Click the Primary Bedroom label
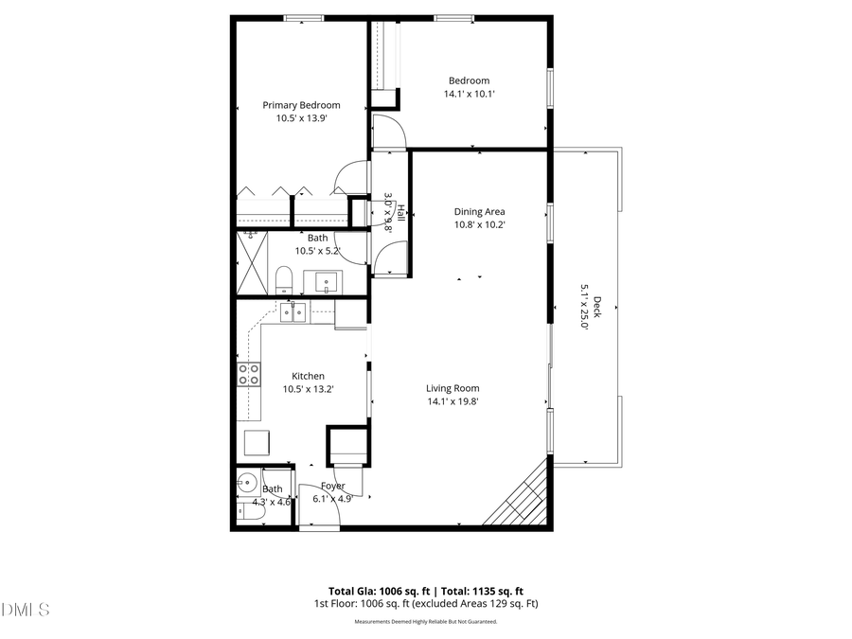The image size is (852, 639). pyautogui.click(x=301, y=105)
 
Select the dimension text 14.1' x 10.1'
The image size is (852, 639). pyautogui.click(x=469, y=94)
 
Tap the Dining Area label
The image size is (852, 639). pyautogui.click(x=479, y=212)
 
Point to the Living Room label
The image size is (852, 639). pyautogui.click(x=452, y=388)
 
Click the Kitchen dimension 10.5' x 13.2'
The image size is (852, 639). pyautogui.click(x=308, y=389)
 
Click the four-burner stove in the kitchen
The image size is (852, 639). pyautogui.click(x=249, y=374)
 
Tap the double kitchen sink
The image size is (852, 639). pyautogui.click(x=293, y=311)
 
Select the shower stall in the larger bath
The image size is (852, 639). pyautogui.click(x=252, y=262)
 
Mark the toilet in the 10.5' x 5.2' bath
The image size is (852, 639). pyautogui.click(x=283, y=280)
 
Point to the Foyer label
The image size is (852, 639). pyautogui.click(x=332, y=487)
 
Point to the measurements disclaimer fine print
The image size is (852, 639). pyautogui.click(x=425, y=622)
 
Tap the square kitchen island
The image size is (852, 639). pyautogui.click(x=257, y=442)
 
